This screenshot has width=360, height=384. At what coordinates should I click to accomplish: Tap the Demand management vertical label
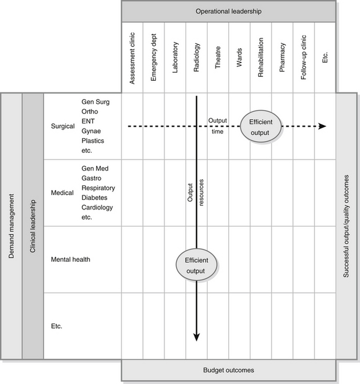pos(11,226)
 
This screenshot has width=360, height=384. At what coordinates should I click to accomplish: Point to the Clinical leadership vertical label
pos(33,226)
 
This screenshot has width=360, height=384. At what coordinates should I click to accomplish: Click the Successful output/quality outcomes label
pos(347,226)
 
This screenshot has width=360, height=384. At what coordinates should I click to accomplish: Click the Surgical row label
pos(63,126)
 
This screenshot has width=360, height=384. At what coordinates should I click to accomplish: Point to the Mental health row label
pos(70,259)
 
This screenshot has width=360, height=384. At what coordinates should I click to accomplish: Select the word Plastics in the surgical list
pos(92,141)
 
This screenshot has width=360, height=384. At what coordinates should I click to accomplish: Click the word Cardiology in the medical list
pos(97,207)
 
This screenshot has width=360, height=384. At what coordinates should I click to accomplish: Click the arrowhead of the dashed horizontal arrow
pos(322,127)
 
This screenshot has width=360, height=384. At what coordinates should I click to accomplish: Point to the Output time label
pos(218,126)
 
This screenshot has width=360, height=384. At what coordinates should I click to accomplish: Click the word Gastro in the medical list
pos(92,178)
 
